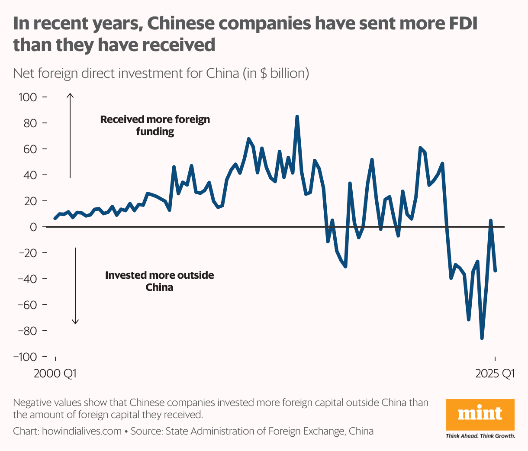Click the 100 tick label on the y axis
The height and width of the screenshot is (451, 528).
pos(28,97)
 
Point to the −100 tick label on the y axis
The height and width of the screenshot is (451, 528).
pos(25,357)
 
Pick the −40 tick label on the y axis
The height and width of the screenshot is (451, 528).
pos(27,279)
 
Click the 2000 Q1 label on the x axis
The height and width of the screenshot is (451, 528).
pos(55,373)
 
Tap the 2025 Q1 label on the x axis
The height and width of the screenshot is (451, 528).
pos(495,373)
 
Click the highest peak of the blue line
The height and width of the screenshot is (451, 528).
pos(297,116)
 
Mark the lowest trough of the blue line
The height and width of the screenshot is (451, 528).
pos(482,338)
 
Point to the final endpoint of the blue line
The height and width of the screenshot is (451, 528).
pos(495,271)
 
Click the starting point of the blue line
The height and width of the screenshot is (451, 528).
pos(55,219)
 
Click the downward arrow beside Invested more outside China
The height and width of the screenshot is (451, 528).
pos(75,286)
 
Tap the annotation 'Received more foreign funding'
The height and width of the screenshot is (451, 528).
pos(155,125)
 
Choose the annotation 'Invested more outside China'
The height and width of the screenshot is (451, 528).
pos(159,281)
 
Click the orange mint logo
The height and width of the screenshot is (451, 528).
pos(480,414)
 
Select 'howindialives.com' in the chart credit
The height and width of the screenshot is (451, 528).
pos(82,431)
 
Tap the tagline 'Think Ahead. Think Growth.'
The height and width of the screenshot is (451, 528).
pos(480,436)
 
